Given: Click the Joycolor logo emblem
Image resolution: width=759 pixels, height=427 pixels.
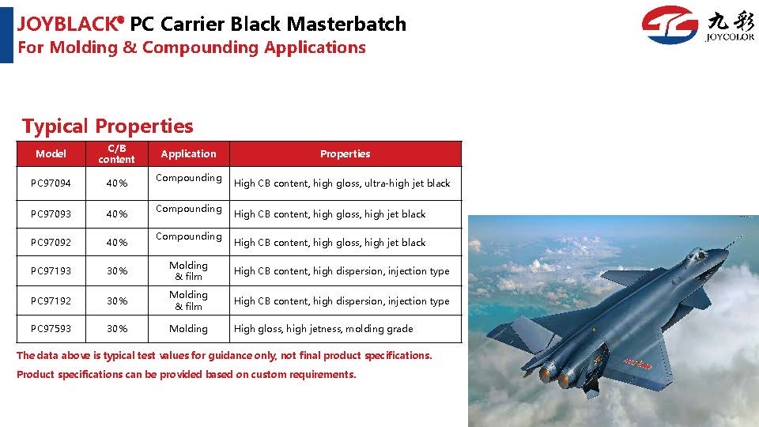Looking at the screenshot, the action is pos(670,25).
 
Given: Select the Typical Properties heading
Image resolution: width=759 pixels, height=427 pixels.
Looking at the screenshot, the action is pos(108,126).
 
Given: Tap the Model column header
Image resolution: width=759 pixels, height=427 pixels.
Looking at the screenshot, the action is pos(51,154).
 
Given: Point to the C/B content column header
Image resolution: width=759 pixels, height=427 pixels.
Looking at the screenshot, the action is pos(117,154).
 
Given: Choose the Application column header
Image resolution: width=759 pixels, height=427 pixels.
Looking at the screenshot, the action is pos(188,154).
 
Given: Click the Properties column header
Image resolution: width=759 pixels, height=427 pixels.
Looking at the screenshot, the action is pos(346,154).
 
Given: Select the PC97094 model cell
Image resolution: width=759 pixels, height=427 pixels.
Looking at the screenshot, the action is pos(51,183).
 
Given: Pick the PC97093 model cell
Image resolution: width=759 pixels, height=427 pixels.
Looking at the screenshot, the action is pos(51,214).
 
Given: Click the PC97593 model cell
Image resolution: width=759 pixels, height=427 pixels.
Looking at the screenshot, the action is pos(51,329).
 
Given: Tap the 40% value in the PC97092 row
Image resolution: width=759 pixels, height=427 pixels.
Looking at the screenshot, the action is pos(117,243).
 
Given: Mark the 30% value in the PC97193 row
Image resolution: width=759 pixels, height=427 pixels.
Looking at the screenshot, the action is pos(117,271).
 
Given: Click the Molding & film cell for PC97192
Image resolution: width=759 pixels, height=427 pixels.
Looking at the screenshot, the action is pos(188,300).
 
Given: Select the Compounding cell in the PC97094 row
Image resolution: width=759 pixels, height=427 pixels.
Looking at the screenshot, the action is pos(189,178).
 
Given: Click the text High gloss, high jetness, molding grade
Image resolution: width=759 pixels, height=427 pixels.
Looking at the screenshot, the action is pos(323,329).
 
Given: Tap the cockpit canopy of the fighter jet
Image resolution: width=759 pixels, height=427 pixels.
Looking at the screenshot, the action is pos(697,254).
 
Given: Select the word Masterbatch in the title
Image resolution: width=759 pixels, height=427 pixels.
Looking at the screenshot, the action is pos(346,24).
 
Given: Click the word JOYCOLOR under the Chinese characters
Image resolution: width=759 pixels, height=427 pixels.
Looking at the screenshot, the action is pos(730,37).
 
